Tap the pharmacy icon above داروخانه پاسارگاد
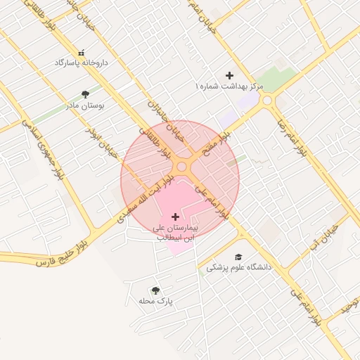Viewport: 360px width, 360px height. click(83, 53)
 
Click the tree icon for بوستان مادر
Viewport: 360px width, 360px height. click(85, 94)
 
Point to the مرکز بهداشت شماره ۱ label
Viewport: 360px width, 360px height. click(229, 86)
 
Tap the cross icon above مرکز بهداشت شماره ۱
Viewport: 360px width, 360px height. click(229, 75)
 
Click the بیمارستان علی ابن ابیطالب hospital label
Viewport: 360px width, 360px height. click(175, 233)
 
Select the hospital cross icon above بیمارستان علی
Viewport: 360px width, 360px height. click(175, 217)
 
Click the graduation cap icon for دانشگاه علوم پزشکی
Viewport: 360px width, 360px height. click(239, 257)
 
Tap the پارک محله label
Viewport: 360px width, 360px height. click(156, 301)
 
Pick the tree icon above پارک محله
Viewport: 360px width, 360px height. click(156, 290)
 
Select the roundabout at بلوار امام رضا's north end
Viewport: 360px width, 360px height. click(267, 101)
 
